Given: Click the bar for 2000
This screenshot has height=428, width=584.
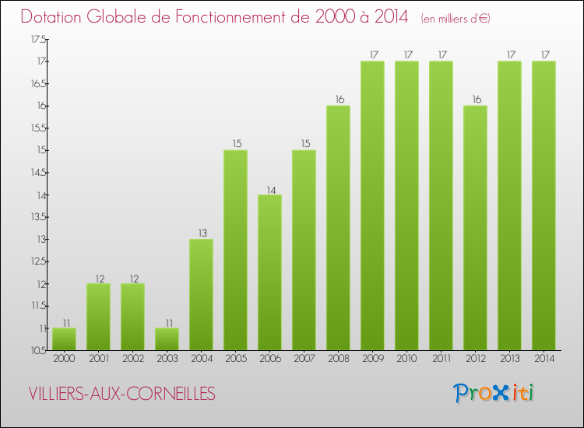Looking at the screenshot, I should point(64,339).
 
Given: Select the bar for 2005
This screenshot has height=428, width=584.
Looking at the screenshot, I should point(235,250).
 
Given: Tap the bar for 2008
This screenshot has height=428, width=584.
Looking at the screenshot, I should point(338,228).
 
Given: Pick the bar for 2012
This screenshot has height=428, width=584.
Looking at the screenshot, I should point(475,228).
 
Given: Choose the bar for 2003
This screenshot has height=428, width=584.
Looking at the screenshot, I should point(167,339).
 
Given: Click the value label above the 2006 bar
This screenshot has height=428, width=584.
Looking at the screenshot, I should point(269,188).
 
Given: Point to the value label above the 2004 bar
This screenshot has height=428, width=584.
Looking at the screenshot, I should point(201,233).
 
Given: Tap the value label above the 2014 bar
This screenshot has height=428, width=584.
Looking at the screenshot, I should point(544,54).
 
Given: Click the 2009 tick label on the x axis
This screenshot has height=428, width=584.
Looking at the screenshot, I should point(372,359).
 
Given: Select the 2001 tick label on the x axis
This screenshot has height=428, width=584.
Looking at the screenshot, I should point(98,359).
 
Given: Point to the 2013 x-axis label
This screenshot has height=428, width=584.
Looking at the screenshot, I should point(509,359).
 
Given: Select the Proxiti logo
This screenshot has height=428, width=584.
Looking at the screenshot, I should point(494,393).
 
